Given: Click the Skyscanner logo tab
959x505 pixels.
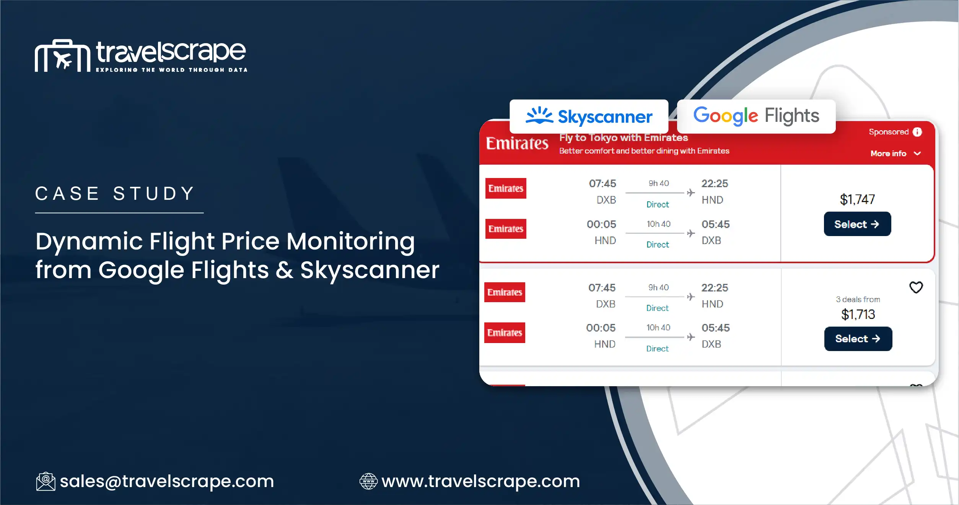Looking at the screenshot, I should tap(589, 116).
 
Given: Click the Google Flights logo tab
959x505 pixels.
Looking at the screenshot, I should tap(756, 116).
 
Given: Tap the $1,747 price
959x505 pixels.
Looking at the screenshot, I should tap(857, 199).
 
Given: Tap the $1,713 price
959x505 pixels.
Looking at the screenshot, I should tap(858, 314).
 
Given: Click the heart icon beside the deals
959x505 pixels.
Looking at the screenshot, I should tap(916, 287).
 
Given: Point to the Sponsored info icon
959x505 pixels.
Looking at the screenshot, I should tap(917, 132).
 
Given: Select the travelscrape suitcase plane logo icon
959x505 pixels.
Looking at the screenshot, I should tap(62, 56).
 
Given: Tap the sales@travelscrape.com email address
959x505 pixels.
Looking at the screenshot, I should tap(167, 481).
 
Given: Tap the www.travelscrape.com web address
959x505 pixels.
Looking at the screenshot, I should tap(480, 481).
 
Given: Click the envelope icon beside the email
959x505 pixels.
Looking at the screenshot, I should tap(46, 481).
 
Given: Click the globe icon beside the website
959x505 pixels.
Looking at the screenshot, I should tap(368, 481).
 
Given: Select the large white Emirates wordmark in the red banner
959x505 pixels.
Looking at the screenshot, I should tap(517, 144).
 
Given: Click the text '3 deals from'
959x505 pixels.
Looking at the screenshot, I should tap(858, 299).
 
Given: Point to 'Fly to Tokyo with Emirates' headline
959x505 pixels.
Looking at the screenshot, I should tap(624, 138).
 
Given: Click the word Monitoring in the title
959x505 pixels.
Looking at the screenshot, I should tap(350, 241).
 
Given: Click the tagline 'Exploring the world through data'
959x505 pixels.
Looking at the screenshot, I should tap(171, 70).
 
